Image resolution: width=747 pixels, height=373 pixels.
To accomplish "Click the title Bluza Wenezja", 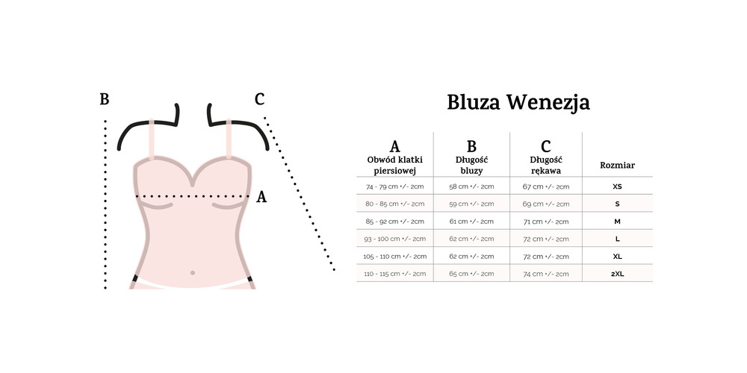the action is tap(518, 103).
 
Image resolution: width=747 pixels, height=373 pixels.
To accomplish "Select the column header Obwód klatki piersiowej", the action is tap(395, 166).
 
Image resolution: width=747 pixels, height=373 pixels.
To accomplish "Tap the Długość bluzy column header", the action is tap(471, 166).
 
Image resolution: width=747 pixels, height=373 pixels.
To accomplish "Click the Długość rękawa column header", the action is tap(546, 166).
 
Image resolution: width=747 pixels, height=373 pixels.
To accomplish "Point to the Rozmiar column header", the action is tap(618, 166).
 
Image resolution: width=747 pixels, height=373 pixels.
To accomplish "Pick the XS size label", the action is tap(618, 186).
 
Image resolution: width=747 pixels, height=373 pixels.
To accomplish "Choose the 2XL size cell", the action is tap(618, 274).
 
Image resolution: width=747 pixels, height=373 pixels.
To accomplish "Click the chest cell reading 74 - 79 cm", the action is tap(395, 186).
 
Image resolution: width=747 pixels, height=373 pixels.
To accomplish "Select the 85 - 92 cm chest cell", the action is tap(395, 222).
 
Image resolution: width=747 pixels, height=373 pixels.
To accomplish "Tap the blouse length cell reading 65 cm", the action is tap(471, 274).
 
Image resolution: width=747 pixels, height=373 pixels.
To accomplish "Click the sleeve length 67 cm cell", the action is tap(546, 186).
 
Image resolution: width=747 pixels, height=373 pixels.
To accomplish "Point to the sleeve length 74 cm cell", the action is tap(546, 274).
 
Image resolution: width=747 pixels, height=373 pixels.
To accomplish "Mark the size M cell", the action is tap(618, 222).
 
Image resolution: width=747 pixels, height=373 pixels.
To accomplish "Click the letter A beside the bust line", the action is tap(261, 197).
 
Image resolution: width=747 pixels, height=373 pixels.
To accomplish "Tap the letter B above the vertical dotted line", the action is tap(105, 99).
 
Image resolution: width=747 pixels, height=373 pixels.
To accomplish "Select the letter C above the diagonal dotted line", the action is tap(259, 99).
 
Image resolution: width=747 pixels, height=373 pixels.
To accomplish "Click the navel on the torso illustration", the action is tap(193, 272).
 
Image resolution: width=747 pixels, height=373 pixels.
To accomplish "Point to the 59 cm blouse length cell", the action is tap(471, 204).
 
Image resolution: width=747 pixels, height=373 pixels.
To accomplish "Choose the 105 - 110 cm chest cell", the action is tap(395, 256).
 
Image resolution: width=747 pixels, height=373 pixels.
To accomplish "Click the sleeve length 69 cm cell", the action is tap(546, 204).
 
